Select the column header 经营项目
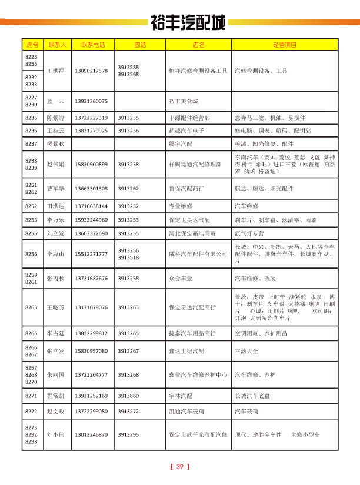tap(285, 45)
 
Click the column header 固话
tap(139, 45)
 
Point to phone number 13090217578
tap(91, 71)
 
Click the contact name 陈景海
tap(55, 118)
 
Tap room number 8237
tap(31, 143)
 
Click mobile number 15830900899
tap(91, 165)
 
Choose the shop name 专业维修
tap(180, 206)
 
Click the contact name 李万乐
tap(55, 220)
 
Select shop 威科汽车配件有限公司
tap(198, 254)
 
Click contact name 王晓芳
tap(55, 307)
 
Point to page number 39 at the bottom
tap(180, 467)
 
